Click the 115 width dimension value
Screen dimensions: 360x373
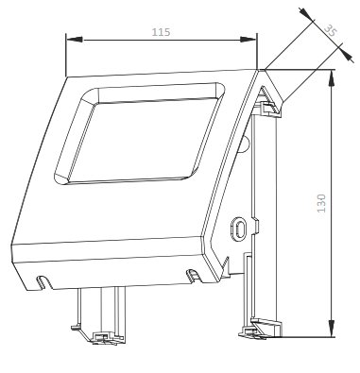(161, 32)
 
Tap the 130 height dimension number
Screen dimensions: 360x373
(321, 203)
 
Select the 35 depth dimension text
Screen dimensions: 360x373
(331, 30)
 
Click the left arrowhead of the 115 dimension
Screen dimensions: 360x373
(75, 40)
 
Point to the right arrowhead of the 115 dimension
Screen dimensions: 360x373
(249, 40)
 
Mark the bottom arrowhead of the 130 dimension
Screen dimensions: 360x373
(331, 328)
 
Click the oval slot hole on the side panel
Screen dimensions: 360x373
(239, 229)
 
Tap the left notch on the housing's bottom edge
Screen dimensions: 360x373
(43, 282)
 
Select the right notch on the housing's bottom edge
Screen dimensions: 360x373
(193, 275)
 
